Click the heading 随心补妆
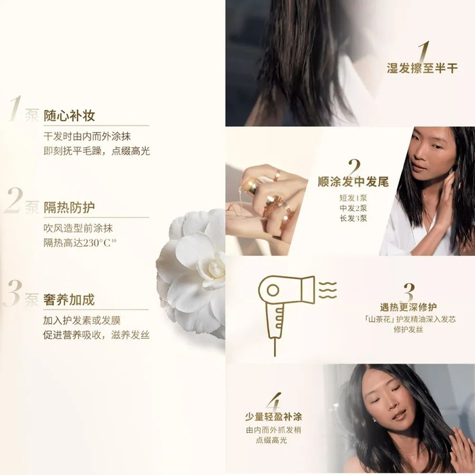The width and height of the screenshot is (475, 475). click(69, 115)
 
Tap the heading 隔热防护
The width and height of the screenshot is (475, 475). click(69, 208)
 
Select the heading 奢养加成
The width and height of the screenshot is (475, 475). click(69, 300)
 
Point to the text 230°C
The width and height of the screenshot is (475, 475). click(97, 243)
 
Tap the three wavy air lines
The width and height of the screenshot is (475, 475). click(328, 290)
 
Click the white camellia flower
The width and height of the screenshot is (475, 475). click(192, 273)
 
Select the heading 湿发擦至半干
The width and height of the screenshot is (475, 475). click(422, 69)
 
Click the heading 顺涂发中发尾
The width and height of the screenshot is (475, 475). click(354, 182)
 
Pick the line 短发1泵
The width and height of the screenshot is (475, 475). click(354, 198)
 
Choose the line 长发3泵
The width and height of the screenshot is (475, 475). click(354, 218)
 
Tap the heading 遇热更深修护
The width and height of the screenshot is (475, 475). click(408, 307)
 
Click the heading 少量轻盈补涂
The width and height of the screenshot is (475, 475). click(273, 417)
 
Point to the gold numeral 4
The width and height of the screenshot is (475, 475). click(274, 402)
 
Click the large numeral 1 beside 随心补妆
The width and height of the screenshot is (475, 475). click(16, 109)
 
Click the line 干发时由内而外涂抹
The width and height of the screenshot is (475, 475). click(88, 136)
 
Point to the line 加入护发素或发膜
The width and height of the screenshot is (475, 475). click(82, 320)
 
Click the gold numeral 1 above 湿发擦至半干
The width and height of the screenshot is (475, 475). click(424, 52)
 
